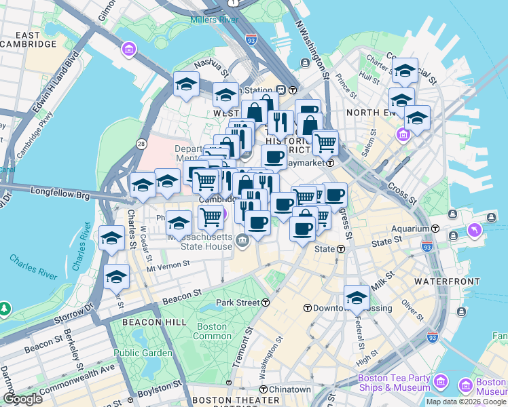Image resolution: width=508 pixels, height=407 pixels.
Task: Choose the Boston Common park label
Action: point(212,331)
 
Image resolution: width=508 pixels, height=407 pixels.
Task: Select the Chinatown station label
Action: point(289,389)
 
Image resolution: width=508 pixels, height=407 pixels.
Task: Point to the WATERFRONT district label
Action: point(439,279)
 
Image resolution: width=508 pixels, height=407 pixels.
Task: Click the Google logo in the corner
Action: point(22,399)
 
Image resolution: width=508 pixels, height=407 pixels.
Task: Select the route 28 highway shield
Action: point(141,143)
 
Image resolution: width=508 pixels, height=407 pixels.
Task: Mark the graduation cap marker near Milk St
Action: point(357,297)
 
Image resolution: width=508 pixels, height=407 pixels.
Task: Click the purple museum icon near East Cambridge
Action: point(128,50)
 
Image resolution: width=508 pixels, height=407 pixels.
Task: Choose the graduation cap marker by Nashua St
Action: point(186,85)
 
